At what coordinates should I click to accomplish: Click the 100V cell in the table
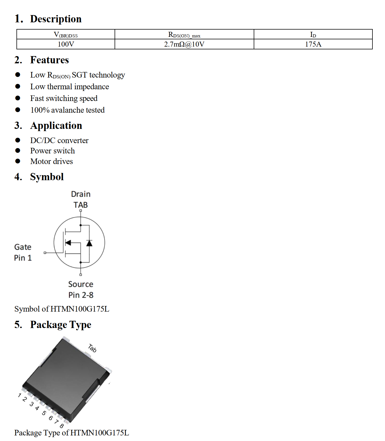(66, 44)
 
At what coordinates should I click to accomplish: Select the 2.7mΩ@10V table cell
(184, 44)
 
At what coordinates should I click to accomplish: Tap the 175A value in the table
(313, 44)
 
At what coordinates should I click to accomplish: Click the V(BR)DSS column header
(66, 35)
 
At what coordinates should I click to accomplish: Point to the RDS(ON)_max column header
(184, 35)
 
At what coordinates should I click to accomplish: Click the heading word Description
(56, 19)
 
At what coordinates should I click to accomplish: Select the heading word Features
(49, 60)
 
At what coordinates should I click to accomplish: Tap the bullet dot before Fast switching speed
(18, 98)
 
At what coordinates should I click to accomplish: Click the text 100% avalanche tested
(67, 110)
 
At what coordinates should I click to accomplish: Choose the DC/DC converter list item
(59, 140)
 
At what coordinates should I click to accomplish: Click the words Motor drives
(52, 162)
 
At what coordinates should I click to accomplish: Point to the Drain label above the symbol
(81, 194)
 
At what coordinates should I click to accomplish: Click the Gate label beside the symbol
(23, 247)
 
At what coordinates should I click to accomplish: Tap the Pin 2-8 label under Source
(81, 295)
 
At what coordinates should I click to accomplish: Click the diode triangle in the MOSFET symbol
(89, 243)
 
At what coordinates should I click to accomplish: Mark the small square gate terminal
(45, 253)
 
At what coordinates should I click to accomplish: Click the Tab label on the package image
(92, 348)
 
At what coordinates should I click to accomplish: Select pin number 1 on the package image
(19, 395)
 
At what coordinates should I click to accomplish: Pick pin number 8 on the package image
(62, 426)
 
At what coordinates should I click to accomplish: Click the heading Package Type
(60, 325)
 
